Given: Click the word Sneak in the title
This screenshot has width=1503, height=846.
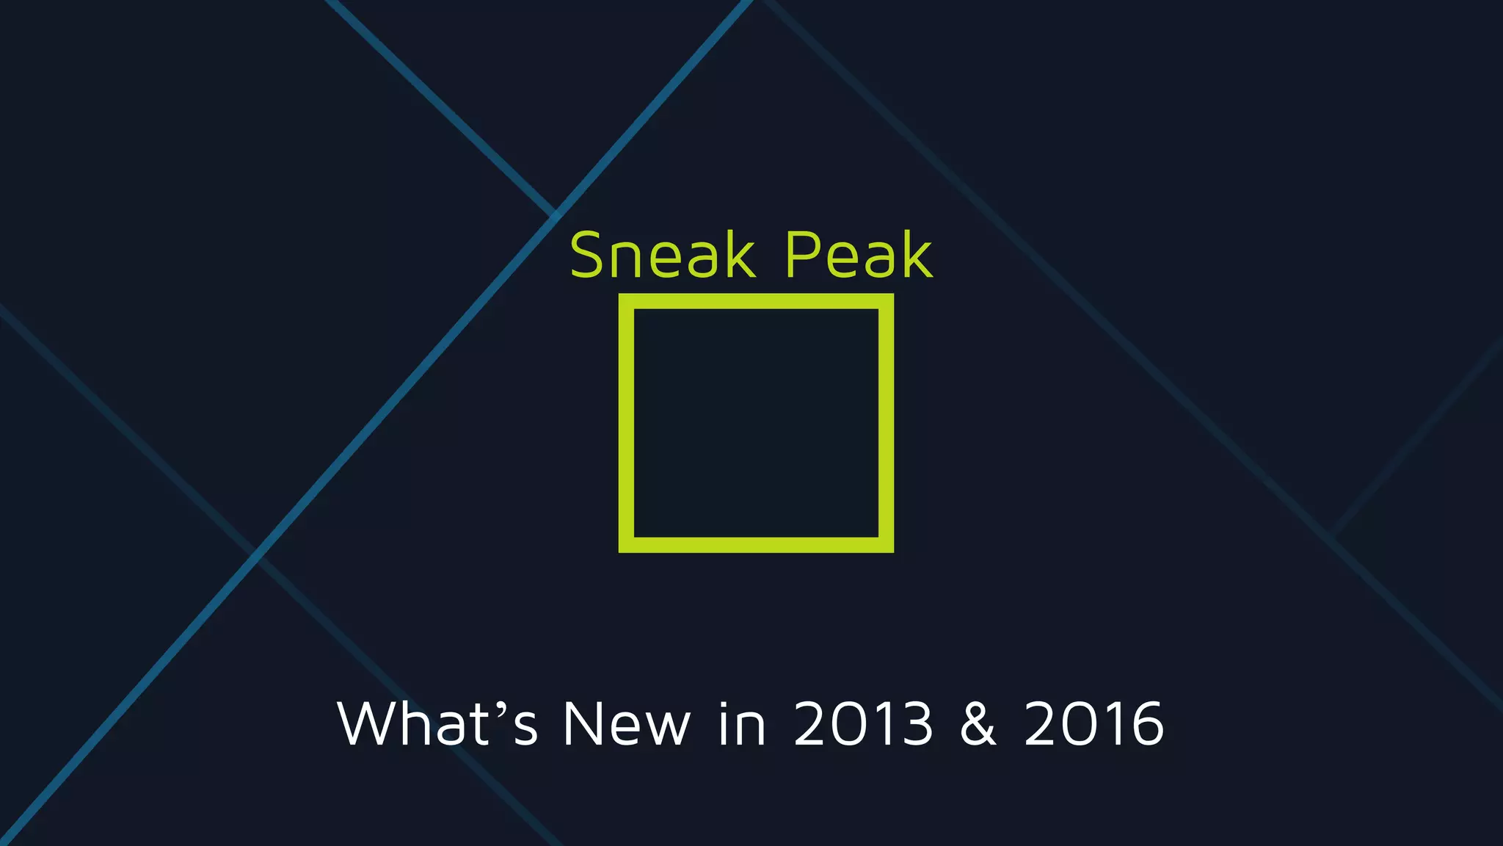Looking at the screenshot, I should coord(663,255).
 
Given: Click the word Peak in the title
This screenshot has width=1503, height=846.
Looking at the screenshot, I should coord(859,255).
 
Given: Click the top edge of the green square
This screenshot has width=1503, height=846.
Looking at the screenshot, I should coord(756,301).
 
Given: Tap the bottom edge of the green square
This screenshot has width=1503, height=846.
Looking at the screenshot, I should coord(756,544).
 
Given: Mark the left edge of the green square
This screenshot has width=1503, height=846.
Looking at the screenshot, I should coord(626,423).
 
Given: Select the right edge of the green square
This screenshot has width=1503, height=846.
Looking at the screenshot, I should coord(886,423).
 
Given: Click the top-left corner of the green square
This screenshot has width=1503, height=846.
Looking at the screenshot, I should coord(626,301).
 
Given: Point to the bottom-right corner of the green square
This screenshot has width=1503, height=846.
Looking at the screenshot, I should coord(886,544).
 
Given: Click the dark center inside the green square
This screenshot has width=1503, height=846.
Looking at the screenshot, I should coord(756,423).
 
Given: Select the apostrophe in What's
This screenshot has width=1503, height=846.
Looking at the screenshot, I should coord(501,709).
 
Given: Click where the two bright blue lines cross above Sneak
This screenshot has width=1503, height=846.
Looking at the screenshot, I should coord(555,212).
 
